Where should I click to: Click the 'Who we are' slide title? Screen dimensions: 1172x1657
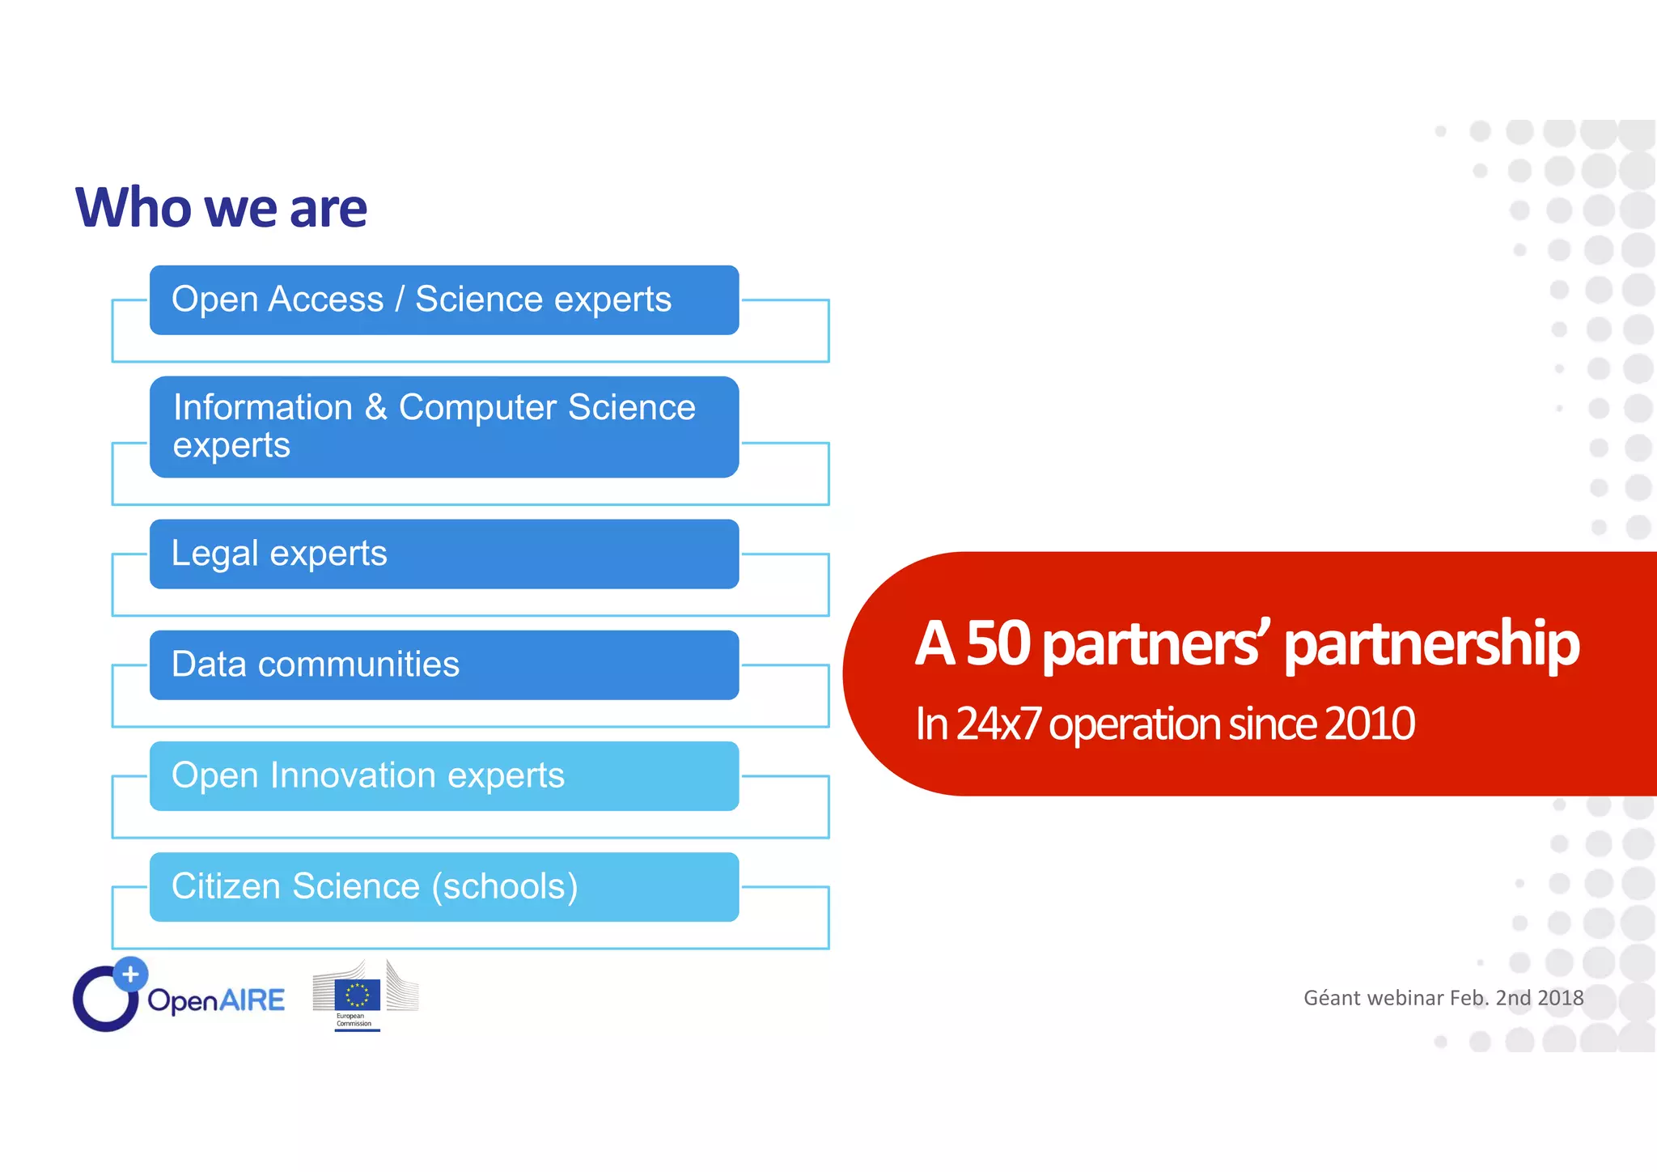(221, 208)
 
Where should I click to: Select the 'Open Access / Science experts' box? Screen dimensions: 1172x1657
(443, 300)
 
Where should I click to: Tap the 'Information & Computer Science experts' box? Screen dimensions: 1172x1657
(443, 427)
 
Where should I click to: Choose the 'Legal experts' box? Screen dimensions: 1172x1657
(443, 554)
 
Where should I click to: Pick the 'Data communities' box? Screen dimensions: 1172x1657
(443, 665)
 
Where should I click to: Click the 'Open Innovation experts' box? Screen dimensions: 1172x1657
(443, 776)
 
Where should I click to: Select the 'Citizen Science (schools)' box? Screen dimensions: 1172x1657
(443, 887)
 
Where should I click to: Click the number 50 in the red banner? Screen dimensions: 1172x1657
(998, 643)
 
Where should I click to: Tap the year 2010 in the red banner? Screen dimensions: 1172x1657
(1369, 724)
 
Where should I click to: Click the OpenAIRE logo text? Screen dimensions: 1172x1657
(216, 1000)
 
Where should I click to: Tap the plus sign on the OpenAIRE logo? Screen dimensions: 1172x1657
(130, 975)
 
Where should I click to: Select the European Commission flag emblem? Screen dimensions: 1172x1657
(357, 995)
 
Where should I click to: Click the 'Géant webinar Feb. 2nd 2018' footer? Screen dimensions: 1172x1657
(1443, 998)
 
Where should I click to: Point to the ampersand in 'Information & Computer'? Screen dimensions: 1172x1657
(375, 407)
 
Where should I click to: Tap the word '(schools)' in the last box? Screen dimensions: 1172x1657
(505, 887)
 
